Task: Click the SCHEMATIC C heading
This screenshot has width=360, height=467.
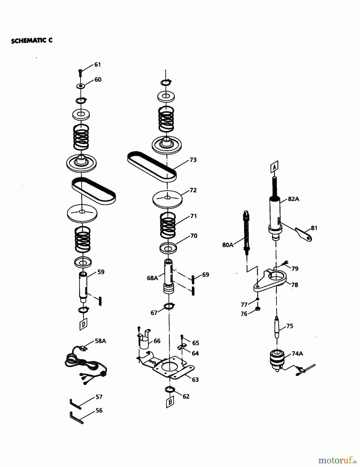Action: (x=32, y=41)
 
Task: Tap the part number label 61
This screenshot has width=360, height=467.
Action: (x=97, y=65)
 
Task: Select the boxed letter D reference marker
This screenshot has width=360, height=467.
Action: (x=83, y=324)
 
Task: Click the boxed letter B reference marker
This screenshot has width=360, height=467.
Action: (x=170, y=402)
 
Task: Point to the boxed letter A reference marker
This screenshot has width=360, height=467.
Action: (x=274, y=166)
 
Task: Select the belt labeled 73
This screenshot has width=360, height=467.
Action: (x=152, y=166)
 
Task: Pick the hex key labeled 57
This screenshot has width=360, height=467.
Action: (x=75, y=404)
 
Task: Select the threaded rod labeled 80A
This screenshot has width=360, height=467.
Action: (x=246, y=231)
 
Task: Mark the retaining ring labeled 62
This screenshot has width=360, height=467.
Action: (x=169, y=389)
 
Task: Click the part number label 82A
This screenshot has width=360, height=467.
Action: (x=294, y=199)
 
